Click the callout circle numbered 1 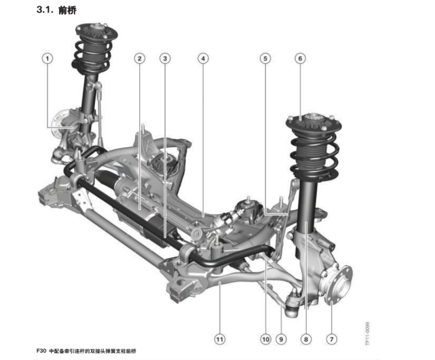(x=48, y=58)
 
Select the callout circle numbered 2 (x=140, y=58)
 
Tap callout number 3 (x=165, y=58)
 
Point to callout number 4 (x=203, y=58)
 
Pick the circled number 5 (x=265, y=58)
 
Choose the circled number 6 (x=300, y=58)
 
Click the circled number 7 (x=332, y=339)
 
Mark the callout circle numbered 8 (x=306, y=339)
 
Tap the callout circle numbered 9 (x=281, y=339)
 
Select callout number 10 (x=265, y=339)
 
